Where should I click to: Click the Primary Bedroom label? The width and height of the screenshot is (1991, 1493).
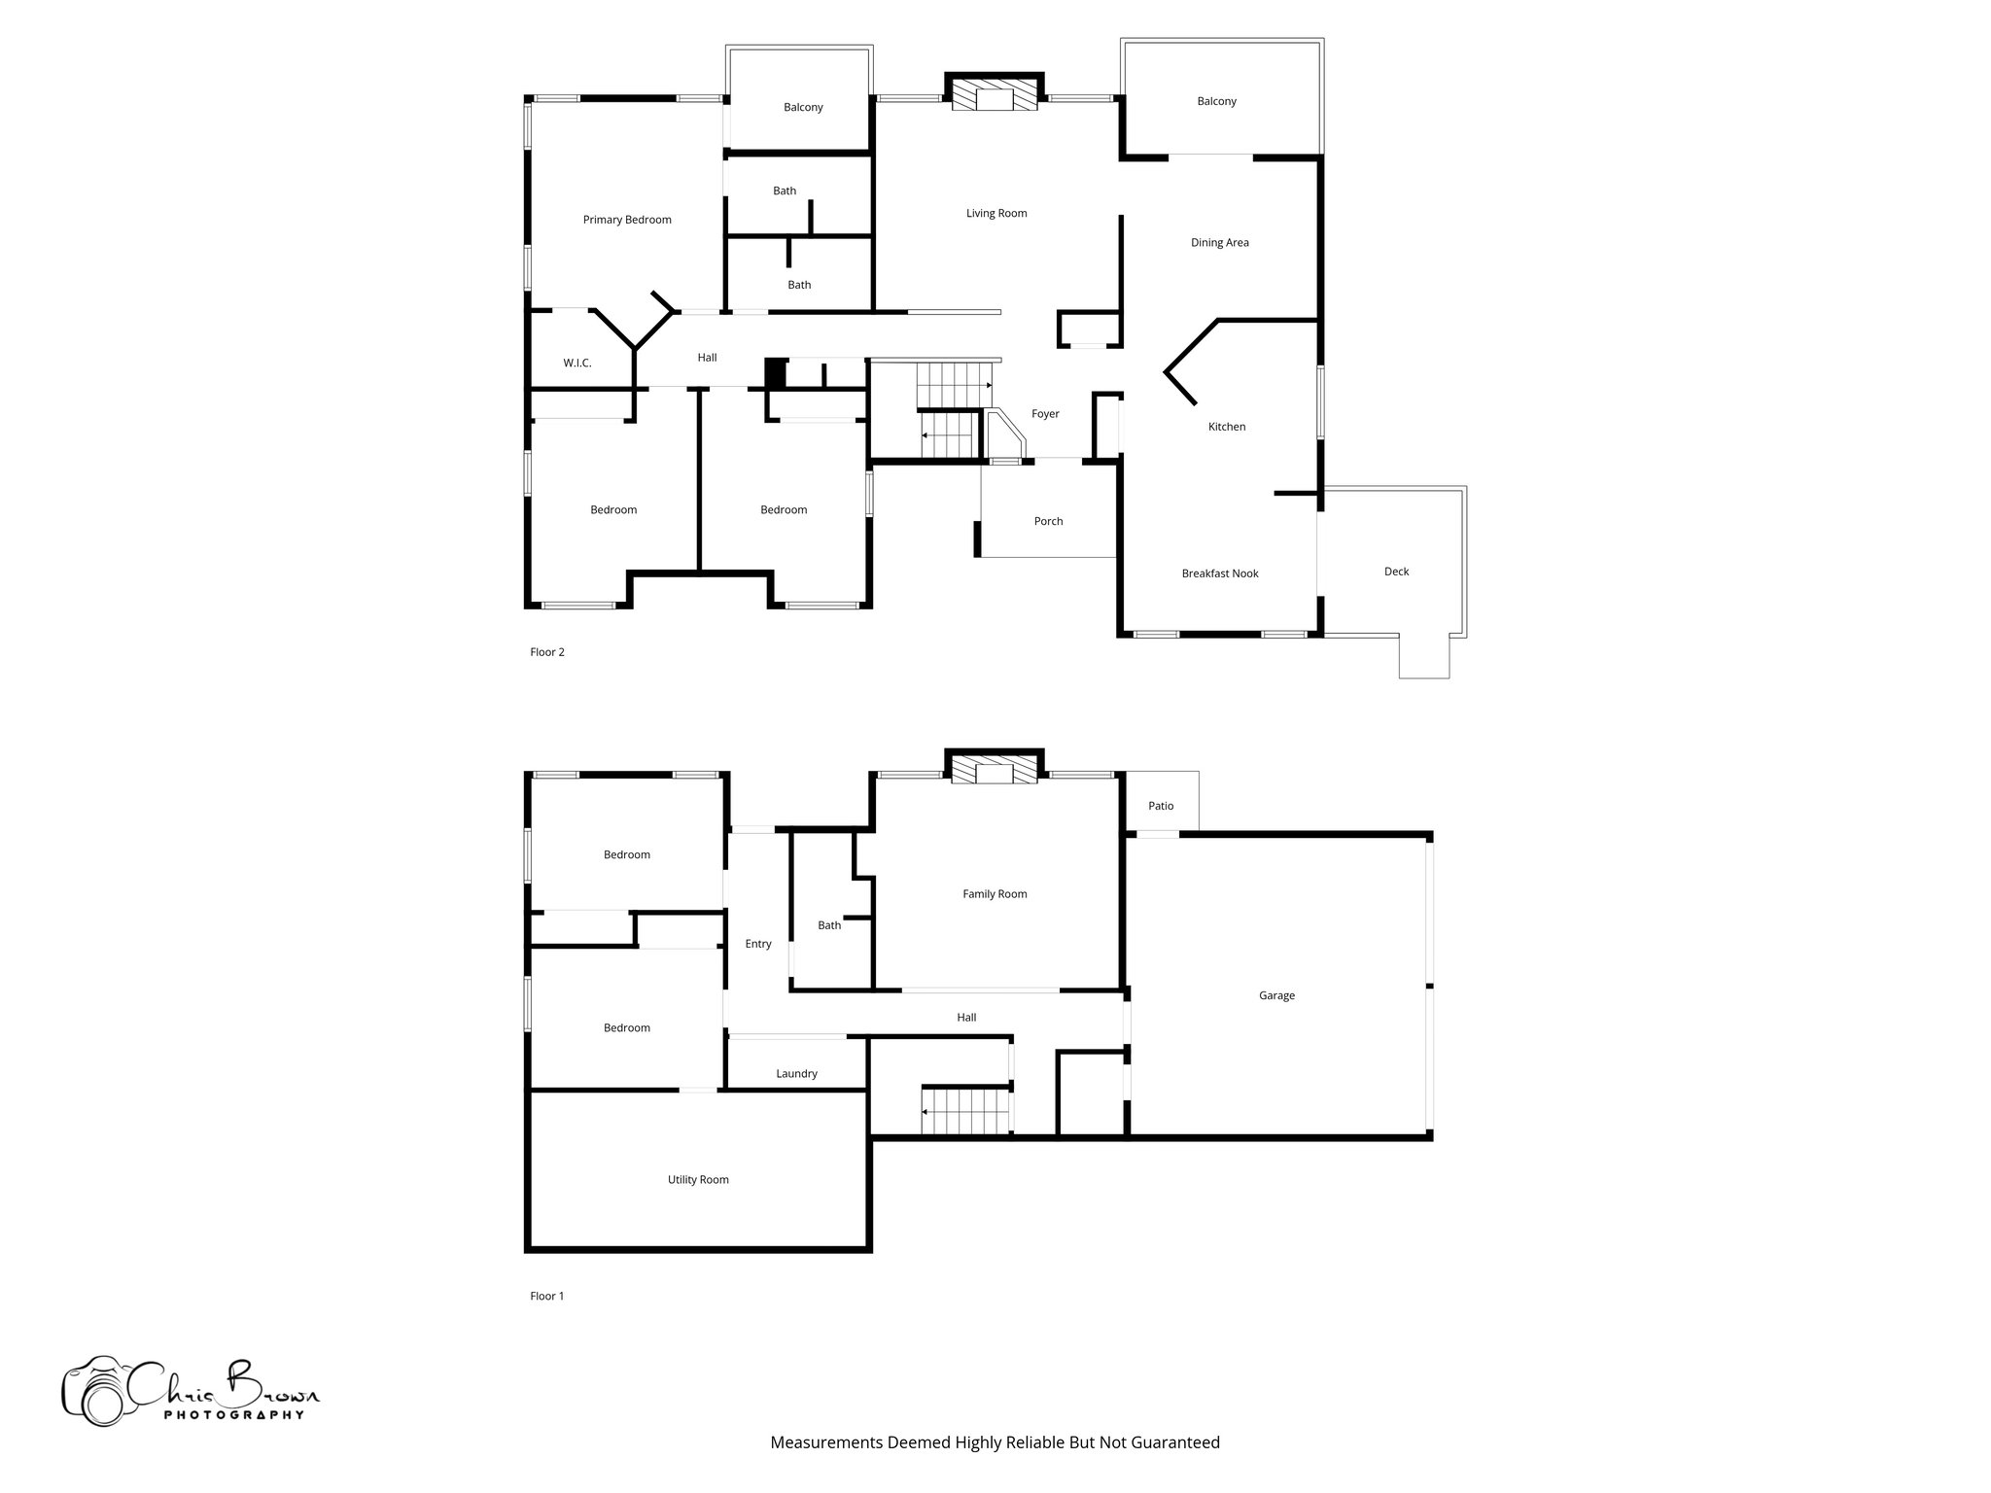[x=627, y=220]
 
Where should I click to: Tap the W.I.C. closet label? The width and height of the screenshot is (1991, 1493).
[x=576, y=364]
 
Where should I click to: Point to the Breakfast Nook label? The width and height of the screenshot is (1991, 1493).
[x=1220, y=573]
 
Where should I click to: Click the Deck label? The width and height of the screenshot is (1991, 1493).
[x=1396, y=572]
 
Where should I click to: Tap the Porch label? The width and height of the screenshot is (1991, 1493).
[x=1048, y=521]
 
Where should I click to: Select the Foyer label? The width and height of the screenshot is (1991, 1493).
[x=1045, y=414]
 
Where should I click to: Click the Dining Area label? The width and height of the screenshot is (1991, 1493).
[x=1219, y=243]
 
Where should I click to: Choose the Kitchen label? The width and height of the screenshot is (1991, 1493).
[x=1226, y=427]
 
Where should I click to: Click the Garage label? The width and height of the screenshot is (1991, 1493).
[x=1276, y=995]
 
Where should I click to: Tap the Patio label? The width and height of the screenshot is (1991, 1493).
[x=1161, y=806]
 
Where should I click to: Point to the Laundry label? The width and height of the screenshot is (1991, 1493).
[x=796, y=1074]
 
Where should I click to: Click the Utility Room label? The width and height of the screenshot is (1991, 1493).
[x=698, y=1180]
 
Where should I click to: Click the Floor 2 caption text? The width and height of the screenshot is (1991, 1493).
[x=547, y=652]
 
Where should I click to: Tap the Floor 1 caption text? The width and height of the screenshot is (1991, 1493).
[x=547, y=1296]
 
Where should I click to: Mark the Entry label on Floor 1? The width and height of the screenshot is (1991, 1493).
[x=757, y=944]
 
